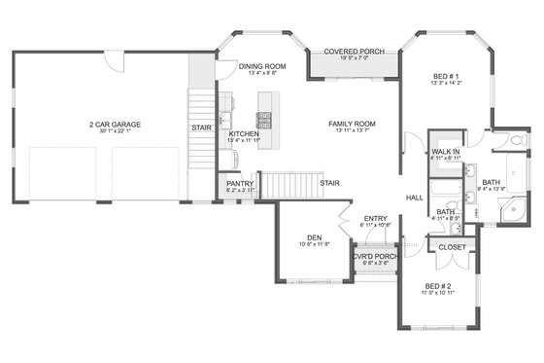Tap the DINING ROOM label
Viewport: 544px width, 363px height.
coord(263,65)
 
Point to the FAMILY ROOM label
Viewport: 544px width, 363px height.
coord(352,124)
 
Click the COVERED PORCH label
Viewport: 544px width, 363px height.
coord(353,51)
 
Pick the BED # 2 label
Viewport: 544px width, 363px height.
coord(437,287)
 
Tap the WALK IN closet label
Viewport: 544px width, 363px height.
coord(445,152)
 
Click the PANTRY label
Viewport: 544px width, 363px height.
coord(240,183)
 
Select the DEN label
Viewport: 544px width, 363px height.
coord(314,236)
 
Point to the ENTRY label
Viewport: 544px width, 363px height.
coord(376,218)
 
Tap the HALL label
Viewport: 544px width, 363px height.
coord(414,197)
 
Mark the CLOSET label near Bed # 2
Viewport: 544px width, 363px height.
coord(452,247)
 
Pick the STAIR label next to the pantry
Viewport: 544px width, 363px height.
coord(330,181)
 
